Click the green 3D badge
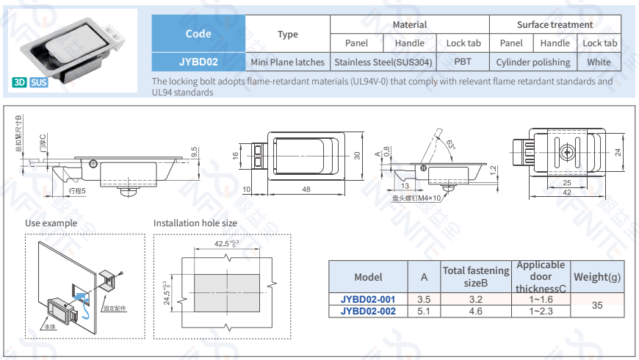[x=20, y=82]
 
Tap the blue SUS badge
[x=39, y=82]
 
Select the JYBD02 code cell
[x=198, y=62]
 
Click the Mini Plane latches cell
[x=287, y=62]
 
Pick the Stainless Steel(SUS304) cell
[x=383, y=62]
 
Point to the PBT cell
[x=463, y=62]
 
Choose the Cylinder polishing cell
[x=532, y=62]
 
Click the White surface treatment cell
[x=599, y=62]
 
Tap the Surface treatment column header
[x=555, y=24]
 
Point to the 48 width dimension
[x=306, y=190]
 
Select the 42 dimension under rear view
[x=567, y=192]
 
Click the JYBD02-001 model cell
[x=368, y=300]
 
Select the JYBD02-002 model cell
[x=368, y=312]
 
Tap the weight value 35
[x=597, y=305]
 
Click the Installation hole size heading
[x=195, y=223]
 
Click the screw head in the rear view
[x=566, y=152]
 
